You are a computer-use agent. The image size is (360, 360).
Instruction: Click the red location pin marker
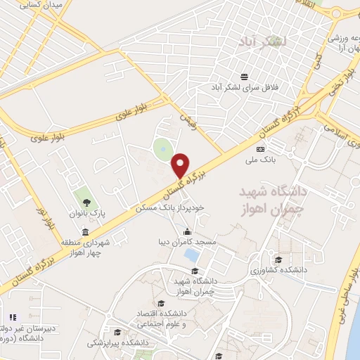pos(181,165)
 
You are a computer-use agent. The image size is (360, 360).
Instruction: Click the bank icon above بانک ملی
pos(261,149)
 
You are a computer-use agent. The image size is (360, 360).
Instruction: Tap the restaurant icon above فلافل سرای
pos(244,77)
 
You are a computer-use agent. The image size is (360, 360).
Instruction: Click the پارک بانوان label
pos(86,213)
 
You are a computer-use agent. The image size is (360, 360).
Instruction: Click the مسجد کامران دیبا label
pos(188,243)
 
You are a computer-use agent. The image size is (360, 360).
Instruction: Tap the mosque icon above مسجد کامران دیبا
pos(188,232)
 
